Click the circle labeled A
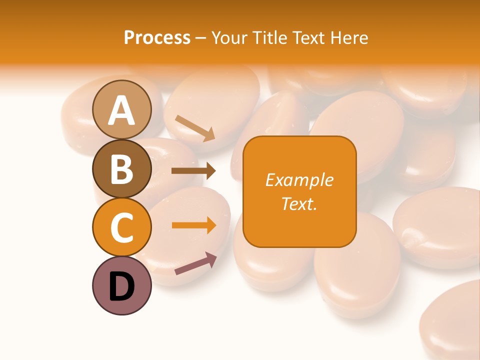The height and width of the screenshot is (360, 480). pyautogui.click(x=122, y=109)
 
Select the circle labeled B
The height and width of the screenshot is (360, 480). pyautogui.click(x=122, y=168)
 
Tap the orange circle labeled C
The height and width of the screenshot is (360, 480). pyautogui.click(x=122, y=227)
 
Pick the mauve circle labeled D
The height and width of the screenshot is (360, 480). pyautogui.click(x=122, y=286)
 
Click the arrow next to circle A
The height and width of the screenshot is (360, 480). pyautogui.click(x=195, y=127)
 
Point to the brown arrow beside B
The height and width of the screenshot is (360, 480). pyautogui.click(x=193, y=171)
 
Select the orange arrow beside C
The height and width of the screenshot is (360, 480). pyautogui.click(x=193, y=225)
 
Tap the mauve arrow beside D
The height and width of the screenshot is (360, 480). pyautogui.click(x=195, y=263)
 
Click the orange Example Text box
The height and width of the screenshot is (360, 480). pyautogui.click(x=299, y=191)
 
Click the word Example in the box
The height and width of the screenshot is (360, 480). pyautogui.click(x=299, y=180)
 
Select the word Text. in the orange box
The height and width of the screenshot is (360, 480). pyautogui.click(x=299, y=203)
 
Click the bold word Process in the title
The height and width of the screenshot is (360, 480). pyautogui.click(x=157, y=37)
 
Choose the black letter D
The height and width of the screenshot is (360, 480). pyautogui.click(x=122, y=286)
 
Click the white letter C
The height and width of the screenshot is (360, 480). pyautogui.click(x=122, y=228)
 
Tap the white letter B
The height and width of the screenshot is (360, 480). pyautogui.click(x=122, y=169)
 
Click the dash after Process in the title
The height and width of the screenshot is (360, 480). pyautogui.click(x=200, y=38)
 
